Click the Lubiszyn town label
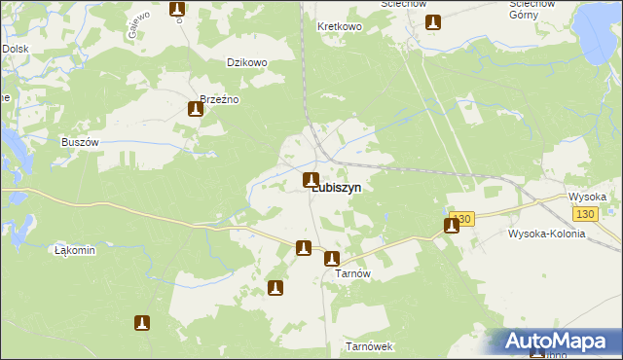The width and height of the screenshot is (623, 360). pos(337,190)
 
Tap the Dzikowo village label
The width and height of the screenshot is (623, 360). pos(246,62)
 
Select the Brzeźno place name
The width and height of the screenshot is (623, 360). pos(219,99)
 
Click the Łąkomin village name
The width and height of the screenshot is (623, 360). pos(75,250)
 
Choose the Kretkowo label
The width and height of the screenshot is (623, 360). pos(340,26)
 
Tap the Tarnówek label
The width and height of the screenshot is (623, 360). pos(369,346)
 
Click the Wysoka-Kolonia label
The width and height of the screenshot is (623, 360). pos(546,234)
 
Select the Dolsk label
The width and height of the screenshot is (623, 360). pos(15,48)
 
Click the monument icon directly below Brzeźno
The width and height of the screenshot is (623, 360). pos(195,110)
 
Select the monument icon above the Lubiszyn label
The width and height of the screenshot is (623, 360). pos(311,179)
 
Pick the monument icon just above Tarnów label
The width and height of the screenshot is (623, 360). pos(331,259)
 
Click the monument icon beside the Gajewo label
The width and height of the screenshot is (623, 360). pos(177,10)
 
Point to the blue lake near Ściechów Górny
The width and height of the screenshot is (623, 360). pos(601,23)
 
